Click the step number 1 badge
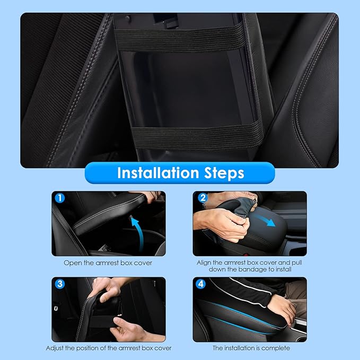[60, 198]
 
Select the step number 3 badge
[60, 284]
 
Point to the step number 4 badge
[201, 284]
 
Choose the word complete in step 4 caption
[276, 348]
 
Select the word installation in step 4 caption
[242, 348]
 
